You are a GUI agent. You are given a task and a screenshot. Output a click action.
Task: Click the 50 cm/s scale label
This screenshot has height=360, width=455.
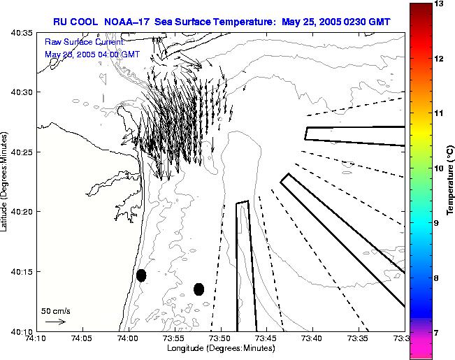[56, 310]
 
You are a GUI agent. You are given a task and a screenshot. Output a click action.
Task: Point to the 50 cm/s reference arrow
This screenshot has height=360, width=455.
[55, 322]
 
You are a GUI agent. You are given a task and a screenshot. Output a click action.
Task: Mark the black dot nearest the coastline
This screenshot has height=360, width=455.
[141, 275]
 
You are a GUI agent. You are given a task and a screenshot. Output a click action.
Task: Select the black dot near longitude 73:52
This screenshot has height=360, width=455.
[198, 289]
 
